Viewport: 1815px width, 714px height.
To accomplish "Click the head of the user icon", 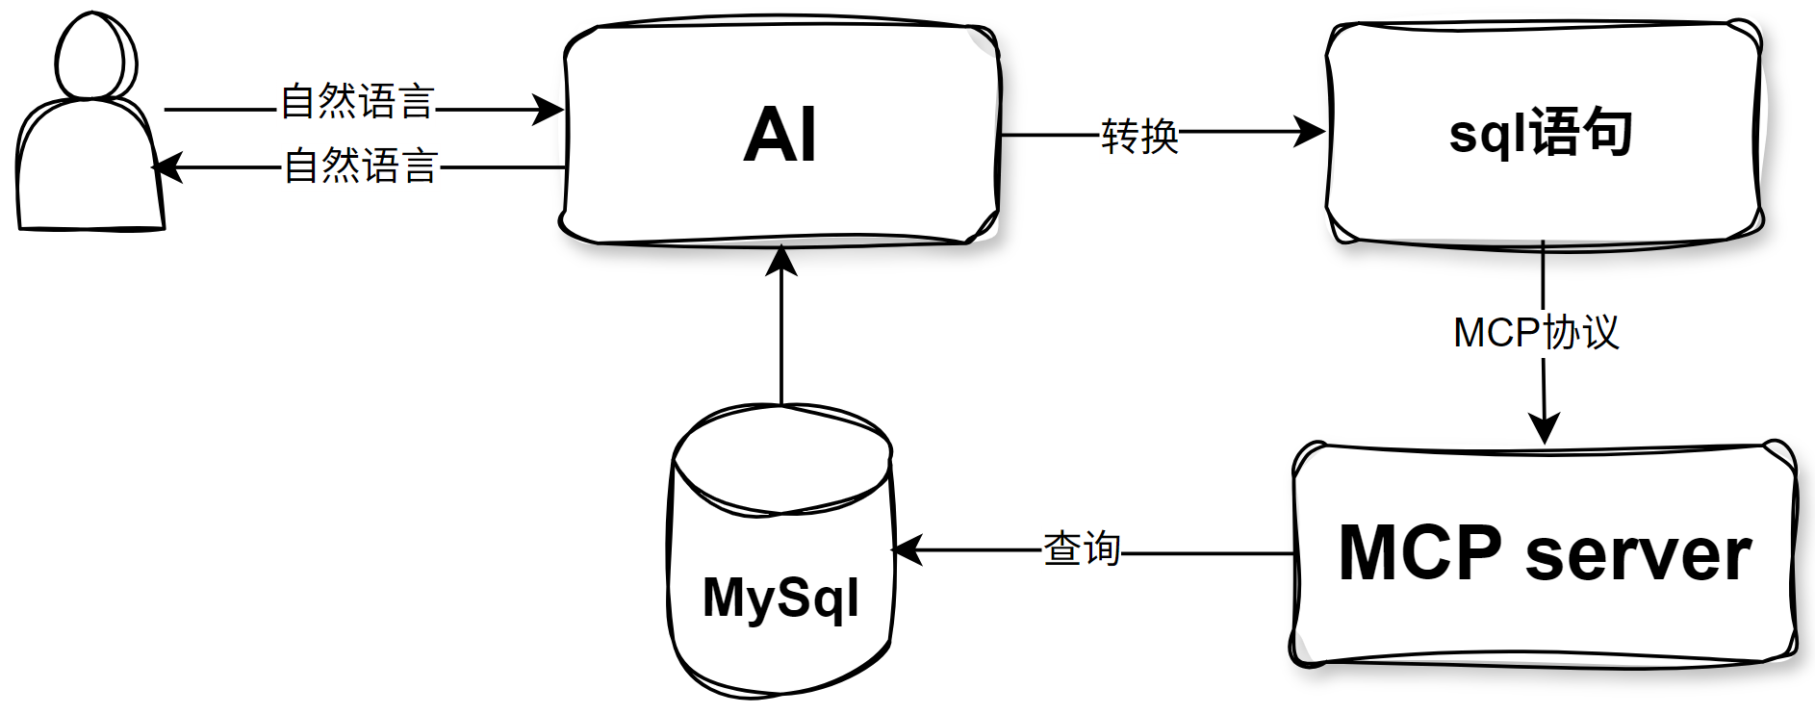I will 95,56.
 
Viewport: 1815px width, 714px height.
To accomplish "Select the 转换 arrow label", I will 1139,136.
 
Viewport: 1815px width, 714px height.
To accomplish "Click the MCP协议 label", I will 1536,333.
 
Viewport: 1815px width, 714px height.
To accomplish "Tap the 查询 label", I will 1082,548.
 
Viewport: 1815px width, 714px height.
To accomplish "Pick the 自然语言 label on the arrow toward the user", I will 361,166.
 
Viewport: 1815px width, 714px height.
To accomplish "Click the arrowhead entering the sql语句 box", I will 1310,132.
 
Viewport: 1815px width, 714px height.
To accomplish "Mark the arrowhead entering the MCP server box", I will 1544,428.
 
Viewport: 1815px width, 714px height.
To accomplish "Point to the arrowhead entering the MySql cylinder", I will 907,550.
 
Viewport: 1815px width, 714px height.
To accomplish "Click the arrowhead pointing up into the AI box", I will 781,261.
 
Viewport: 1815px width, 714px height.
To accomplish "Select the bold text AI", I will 780,135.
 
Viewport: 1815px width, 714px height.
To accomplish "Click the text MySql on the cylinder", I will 780,599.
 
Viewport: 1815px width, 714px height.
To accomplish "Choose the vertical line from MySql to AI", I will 781,337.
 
